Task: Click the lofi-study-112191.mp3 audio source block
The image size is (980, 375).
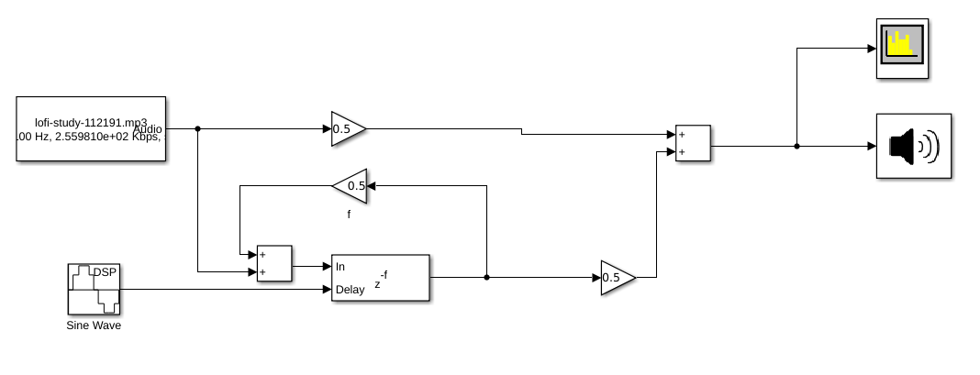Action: [91, 128]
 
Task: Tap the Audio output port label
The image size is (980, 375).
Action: [148, 129]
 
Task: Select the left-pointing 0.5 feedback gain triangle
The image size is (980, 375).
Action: [351, 186]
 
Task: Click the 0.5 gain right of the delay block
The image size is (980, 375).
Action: [616, 278]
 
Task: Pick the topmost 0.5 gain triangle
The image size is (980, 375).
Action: [346, 129]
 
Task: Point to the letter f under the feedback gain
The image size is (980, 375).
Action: [349, 215]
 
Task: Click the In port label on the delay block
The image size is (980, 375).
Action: [340, 266]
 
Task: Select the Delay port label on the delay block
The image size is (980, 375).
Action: [350, 290]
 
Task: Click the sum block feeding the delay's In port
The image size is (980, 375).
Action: [274, 263]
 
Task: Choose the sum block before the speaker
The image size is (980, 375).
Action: [693, 143]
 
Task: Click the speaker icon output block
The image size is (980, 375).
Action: [913, 146]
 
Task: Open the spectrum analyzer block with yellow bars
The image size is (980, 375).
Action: [903, 49]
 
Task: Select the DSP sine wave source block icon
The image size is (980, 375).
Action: [94, 289]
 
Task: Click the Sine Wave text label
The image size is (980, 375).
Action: [94, 325]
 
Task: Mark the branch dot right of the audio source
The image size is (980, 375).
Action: [198, 129]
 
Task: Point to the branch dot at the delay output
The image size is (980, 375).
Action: [486, 277]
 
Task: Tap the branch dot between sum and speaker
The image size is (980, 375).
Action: [796, 146]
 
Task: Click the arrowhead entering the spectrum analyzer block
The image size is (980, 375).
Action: [872, 49]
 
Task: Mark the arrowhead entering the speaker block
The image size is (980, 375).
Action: [872, 146]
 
